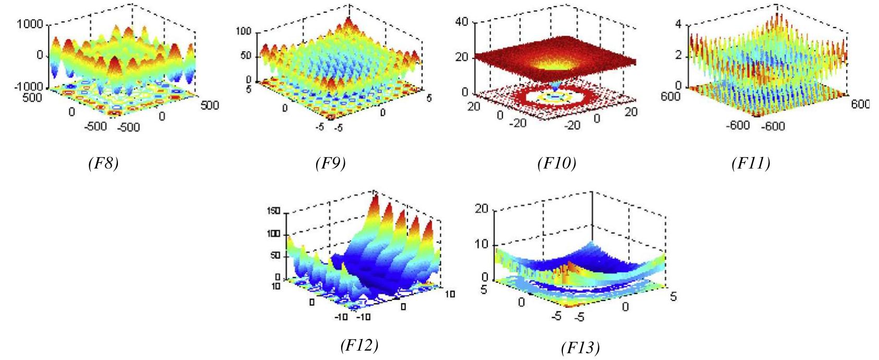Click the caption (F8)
coord(103,164)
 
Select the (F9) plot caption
coord(330,164)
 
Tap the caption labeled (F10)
coord(557,164)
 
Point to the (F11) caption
coord(751,164)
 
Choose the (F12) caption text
coord(359,345)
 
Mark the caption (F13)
coord(580,347)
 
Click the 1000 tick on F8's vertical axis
coord(31,24)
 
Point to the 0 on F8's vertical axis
coord(40,55)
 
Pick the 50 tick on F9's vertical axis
coord(246,56)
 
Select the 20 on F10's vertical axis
coord(462,57)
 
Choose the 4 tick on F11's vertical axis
coord(679,24)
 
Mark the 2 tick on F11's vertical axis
coord(679,55)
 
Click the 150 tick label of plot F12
coord(274,211)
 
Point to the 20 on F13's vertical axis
coord(481,209)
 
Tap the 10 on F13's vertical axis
coord(481,244)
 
